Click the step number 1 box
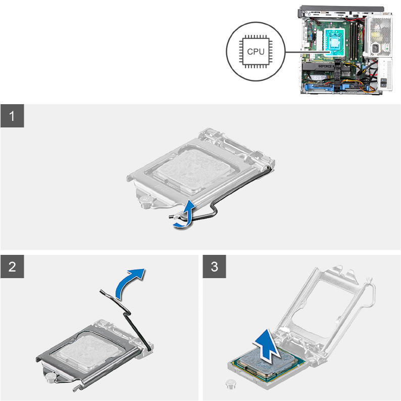click(x=12, y=116)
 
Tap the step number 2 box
click(x=12, y=266)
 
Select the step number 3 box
click(x=214, y=266)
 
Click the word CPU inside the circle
click(x=256, y=52)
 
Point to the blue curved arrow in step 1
click(x=186, y=215)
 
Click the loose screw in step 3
click(x=230, y=384)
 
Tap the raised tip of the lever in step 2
click(x=101, y=291)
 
